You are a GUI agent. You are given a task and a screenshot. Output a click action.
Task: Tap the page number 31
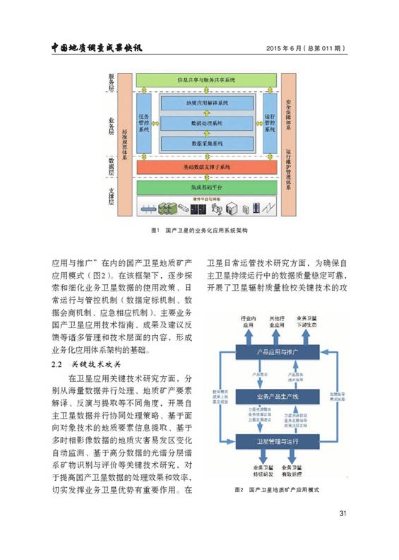[x=343, y=513]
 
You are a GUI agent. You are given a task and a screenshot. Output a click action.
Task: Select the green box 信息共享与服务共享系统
[x=206, y=80]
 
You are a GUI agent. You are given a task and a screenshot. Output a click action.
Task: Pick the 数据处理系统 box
[x=206, y=123]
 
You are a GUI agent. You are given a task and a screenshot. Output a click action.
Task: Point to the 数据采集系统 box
[x=206, y=143]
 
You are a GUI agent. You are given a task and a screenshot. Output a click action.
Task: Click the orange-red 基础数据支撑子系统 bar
[x=206, y=167]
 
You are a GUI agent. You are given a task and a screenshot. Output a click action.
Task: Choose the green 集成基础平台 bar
[x=206, y=187]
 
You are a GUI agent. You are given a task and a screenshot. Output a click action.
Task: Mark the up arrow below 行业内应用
[x=246, y=336]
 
